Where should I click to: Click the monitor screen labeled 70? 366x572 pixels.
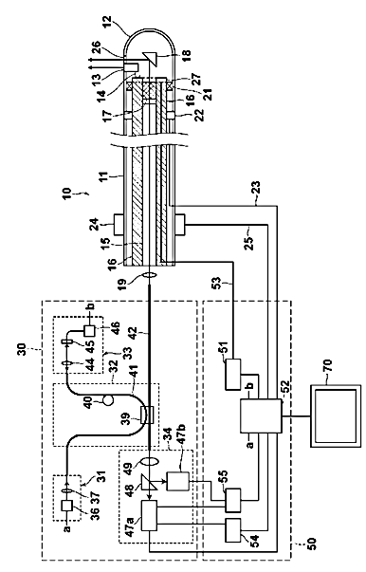(336, 415)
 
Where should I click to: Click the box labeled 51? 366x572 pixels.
(233, 374)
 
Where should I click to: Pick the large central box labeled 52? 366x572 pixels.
(261, 415)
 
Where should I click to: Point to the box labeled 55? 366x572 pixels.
(233, 501)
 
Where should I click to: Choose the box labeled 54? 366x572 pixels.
(233, 530)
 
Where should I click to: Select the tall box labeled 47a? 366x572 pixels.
(149, 515)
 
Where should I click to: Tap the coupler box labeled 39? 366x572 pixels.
(147, 415)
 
